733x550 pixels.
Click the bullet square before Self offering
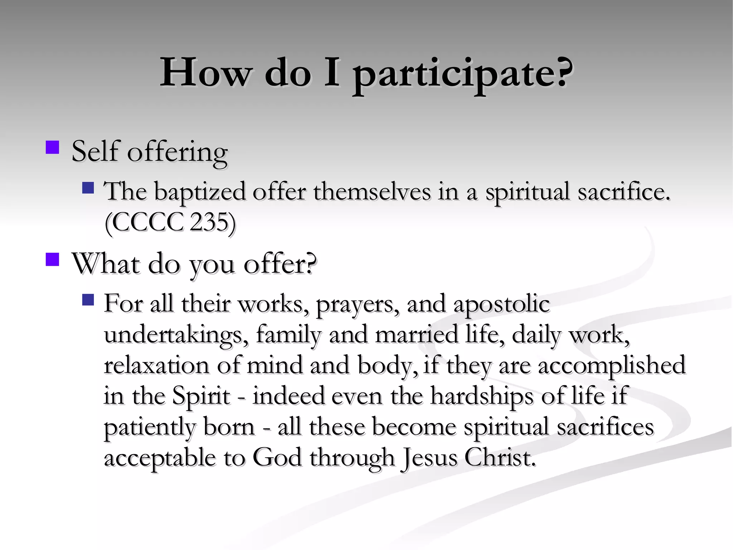[x=53, y=147]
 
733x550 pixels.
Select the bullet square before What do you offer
[x=53, y=259]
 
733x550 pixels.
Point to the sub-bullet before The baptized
[x=88, y=188]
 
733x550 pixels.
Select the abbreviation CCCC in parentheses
[x=147, y=222]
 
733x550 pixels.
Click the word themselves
[x=372, y=191]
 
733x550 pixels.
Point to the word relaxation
[x=156, y=366]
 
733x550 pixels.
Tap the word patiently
[x=150, y=428]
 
